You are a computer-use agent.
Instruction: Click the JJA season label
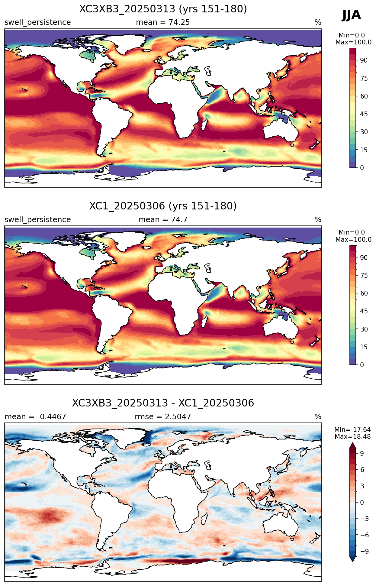(351, 15)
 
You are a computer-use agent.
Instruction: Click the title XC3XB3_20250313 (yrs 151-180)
(163, 9)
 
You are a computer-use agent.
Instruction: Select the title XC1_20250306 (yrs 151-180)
(163, 206)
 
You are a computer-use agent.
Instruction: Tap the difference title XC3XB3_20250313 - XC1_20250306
(163, 403)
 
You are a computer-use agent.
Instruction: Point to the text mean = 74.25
(163, 22)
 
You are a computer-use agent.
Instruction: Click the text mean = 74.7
(163, 220)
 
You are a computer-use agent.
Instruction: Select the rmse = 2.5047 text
(163, 417)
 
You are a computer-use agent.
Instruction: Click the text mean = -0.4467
(35, 417)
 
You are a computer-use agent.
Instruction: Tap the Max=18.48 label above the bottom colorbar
(352, 436)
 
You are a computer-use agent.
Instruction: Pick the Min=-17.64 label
(352, 429)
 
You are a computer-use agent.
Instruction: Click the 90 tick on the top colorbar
(364, 60)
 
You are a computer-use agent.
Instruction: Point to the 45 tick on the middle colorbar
(364, 311)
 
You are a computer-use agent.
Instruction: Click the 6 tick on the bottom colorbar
(362, 470)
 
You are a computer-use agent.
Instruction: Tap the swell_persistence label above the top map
(38, 22)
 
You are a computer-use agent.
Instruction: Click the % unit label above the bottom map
(318, 417)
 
